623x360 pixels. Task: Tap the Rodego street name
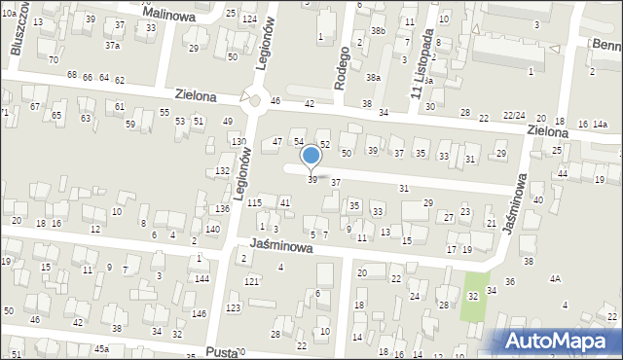tap(341, 68)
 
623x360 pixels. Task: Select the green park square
tap(474, 284)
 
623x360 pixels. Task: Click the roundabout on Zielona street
tap(255, 99)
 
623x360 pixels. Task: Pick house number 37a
tap(113, 46)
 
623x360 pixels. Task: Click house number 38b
tap(378, 32)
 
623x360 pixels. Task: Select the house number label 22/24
tap(514, 116)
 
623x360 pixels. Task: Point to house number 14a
tap(600, 125)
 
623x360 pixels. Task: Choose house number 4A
tap(555, 278)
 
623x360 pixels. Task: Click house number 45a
tap(100, 348)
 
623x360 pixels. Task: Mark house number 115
tap(254, 202)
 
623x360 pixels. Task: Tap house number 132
tap(222, 171)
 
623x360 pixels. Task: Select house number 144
tap(202, 278)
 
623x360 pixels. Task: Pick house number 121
tap(251, 281)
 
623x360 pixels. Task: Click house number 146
tap(199, 313)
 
